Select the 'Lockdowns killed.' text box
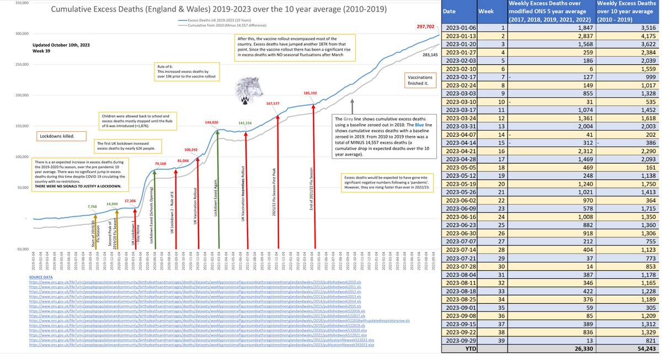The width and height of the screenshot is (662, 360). coord(56,136)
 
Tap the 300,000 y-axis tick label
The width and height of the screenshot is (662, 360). coord(21,34)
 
